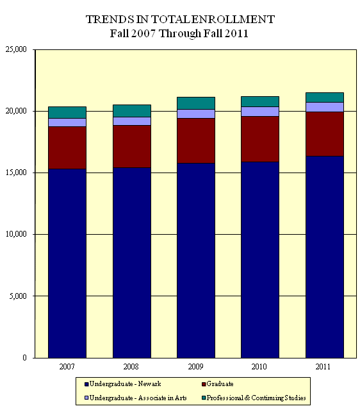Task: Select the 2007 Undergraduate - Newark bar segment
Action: tap(67, 263)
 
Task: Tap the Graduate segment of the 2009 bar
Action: tap(196, 140)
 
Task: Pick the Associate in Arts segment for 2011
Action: tap(324, 107)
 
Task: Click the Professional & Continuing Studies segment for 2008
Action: tap(132, 111)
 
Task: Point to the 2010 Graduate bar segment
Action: tap(260, 139)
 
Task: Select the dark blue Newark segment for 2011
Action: tap(324, 257)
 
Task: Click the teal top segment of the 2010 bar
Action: tap(260, 101)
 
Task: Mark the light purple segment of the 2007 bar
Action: tap(67, 122)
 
